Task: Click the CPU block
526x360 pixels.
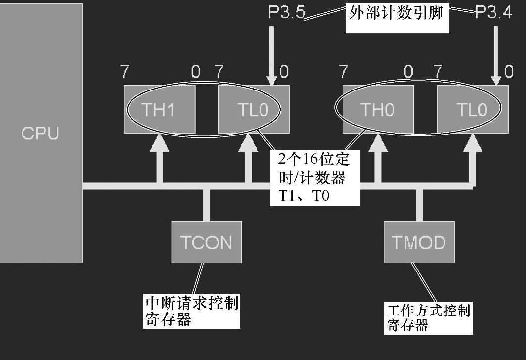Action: (41, 133)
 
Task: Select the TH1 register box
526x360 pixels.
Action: (159, 109)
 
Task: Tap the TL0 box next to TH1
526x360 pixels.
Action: (254, 109)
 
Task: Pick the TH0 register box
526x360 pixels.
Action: (378, 109)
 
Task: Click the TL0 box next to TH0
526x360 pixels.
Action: (472, 109)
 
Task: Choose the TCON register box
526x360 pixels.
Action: (207, 242)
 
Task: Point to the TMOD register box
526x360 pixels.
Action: (419, 242)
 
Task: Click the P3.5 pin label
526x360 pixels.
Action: (286, 13)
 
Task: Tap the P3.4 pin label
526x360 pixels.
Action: (494, 13)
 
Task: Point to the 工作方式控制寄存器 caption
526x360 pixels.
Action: (428, 318)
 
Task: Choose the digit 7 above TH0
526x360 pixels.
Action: (343, 73)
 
